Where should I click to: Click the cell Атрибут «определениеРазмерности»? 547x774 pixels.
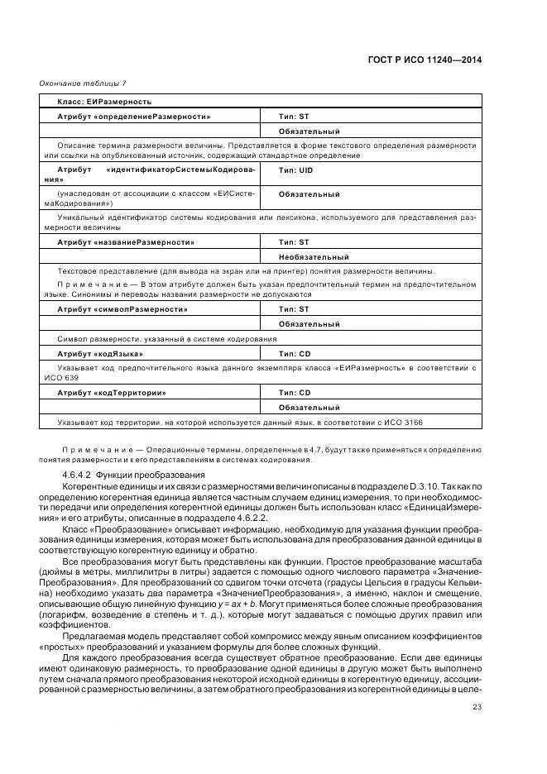(x=133, y=117)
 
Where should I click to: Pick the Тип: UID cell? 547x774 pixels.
(x=295, y=171)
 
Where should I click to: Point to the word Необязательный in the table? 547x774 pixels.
(x=314, y=257)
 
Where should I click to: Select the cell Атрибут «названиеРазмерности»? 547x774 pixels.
(x=126, y=242)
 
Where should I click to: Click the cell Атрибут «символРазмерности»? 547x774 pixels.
(x=122, y=309)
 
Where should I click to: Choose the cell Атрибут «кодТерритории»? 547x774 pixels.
(x=112, y=393)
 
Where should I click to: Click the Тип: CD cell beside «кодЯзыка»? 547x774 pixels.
(x=295, y=353)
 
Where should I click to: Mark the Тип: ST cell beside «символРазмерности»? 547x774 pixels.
(x=294, y=309)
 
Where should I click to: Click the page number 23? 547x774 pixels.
(x=477, y=706)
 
